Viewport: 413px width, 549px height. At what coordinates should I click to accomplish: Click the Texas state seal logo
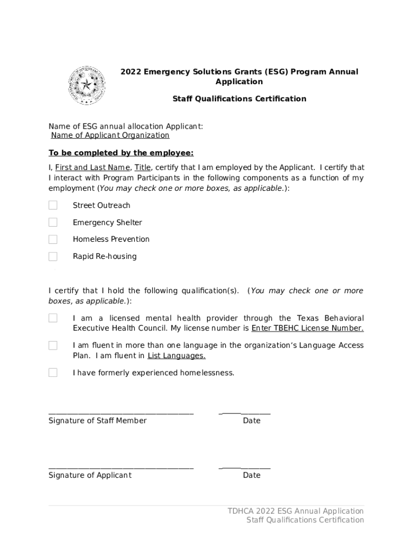point(85,85)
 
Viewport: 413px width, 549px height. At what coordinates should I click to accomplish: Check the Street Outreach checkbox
point(53,205)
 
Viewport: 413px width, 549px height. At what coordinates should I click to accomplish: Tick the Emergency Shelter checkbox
point(53,222)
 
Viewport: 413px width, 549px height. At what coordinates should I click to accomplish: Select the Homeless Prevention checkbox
point(53,239)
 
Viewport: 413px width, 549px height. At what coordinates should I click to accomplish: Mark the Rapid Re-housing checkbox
point(53,256)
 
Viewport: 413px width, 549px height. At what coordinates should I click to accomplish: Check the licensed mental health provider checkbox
point(53,318)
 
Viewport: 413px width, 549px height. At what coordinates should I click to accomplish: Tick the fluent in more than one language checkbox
point(53,345)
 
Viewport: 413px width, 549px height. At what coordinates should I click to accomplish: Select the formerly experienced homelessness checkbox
point(53,373)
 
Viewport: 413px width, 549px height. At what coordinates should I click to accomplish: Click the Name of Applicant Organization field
point(110,136)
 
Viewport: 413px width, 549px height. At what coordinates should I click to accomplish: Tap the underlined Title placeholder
point(143,167)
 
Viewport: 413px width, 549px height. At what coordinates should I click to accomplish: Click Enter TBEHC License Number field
point(307,328)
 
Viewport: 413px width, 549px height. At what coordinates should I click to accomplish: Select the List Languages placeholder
point(176,355)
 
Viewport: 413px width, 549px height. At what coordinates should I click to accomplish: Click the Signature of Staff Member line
point(121,413)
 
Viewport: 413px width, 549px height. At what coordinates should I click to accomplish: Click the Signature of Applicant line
point(121,468)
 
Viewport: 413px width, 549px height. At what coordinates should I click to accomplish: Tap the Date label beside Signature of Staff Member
point(251,421)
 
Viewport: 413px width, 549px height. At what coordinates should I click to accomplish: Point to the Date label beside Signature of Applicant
point(251,476)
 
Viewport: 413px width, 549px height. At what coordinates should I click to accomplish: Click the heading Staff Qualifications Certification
point(239,99)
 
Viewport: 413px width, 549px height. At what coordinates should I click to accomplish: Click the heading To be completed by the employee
point(121,153)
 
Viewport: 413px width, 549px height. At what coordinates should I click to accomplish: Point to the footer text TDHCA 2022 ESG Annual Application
point(296,511)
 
